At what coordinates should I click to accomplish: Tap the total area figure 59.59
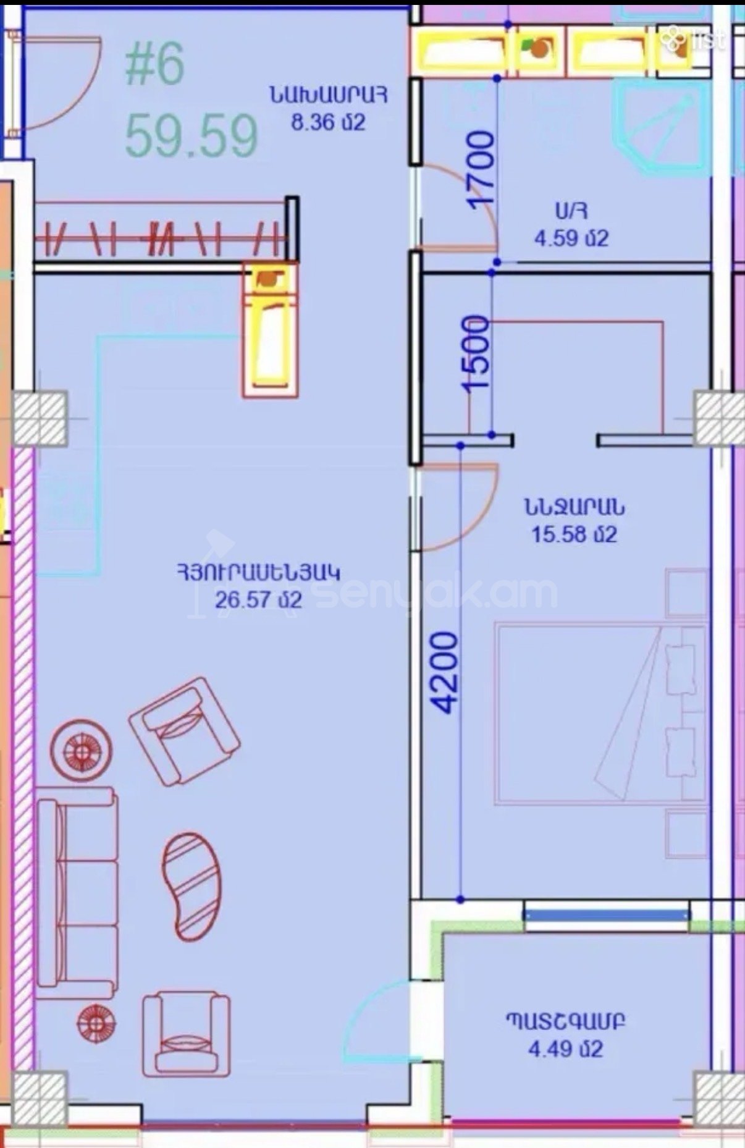point(192,136)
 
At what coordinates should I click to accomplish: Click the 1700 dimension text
point(482,169)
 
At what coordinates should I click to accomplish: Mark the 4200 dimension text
point(446,672)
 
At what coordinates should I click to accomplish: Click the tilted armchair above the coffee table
point(184,731)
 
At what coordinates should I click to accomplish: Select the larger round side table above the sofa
point(81,750)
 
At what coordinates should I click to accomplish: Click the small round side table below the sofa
point(96,1024)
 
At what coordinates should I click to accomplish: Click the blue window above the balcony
point(607,913)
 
